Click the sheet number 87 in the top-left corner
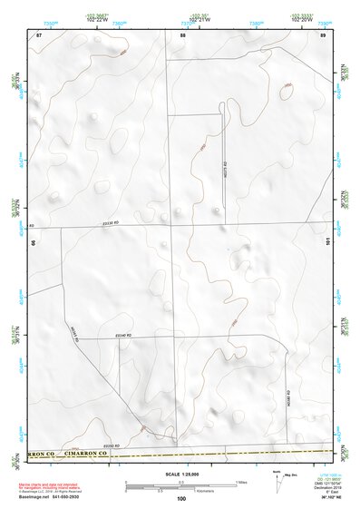pos(39,34)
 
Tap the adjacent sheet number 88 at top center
pos(182,34)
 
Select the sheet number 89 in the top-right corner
pos(323,34)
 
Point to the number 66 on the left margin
pos(34,242)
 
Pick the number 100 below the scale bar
pos(181,498)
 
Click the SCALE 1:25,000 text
pos(178,473)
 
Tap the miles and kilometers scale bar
pos(182,485)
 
